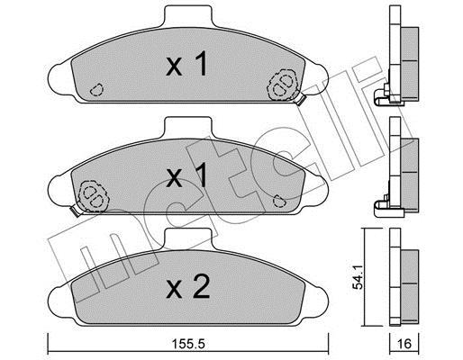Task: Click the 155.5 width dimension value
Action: (x=189, y=344)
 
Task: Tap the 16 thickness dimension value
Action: (x=404, y=344)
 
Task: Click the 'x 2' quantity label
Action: (x=188, y=287)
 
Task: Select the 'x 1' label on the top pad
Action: (x=186, y=63)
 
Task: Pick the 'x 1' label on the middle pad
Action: (x=186, y=175)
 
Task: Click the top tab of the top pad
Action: (x=188, y=16)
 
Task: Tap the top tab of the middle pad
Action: (x=188, y=128)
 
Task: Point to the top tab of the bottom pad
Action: (x=189, y=238)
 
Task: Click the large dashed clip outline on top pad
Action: (x=282, y=85)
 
